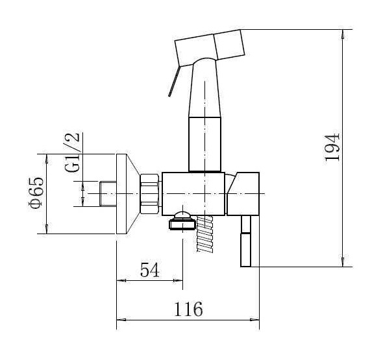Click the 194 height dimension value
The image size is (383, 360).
tap(332, 147)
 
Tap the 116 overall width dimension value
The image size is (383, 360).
tap(188, 309)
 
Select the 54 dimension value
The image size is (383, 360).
tap(150, 270)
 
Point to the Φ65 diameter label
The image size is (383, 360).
tap(36, 193)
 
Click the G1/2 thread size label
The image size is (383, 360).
tap(72, 152)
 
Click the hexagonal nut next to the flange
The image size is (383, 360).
tap(149, 194)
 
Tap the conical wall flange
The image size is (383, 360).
tap(127, 194)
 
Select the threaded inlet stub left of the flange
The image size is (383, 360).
tap(108, 193)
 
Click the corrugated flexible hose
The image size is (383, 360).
tap(204, 234)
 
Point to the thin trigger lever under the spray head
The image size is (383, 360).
tap(175, 81)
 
